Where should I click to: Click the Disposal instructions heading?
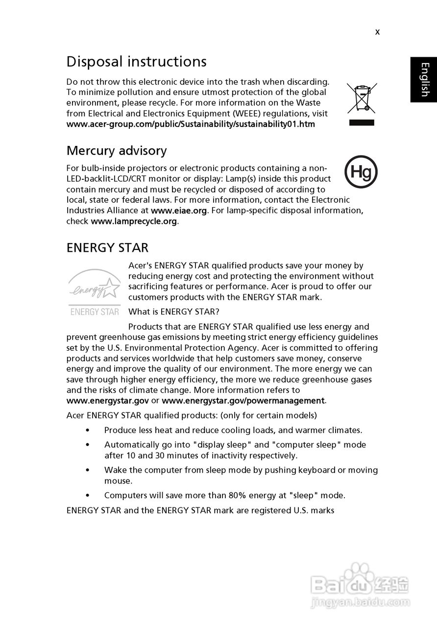(x=136, y=62)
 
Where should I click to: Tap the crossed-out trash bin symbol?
(x=362, y=97)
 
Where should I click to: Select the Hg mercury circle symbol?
(x=361, y=172)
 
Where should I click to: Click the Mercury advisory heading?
(x=117, y=151)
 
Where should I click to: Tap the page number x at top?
(x=377, y=32)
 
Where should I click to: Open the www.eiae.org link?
(x=179, y=211)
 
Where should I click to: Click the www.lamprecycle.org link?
(x=134, y=221)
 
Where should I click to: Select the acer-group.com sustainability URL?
(x=191, y=124)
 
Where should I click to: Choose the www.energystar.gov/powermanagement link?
(x=243, y=401)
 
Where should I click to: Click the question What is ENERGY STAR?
(x=174, y=312)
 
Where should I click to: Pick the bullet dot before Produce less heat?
(x=87, y=431)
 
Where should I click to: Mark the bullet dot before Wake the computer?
(x=87, y=470)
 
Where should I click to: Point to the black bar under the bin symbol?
(x=362, y=122)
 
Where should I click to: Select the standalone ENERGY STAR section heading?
(x=107, y=248)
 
